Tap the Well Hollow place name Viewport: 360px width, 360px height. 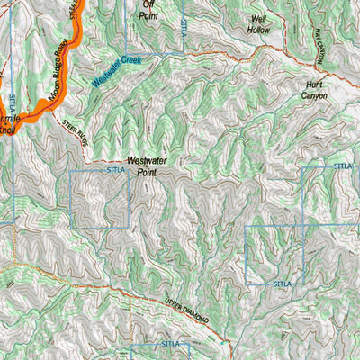coord(259,24)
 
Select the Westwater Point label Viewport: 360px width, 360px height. coord(149,166)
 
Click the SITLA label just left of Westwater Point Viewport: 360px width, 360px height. coord(116,168)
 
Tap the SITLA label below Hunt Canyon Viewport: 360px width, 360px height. coord(343,166)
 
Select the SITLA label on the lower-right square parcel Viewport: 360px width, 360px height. coord(283,283)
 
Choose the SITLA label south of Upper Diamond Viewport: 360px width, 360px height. coord(170,343)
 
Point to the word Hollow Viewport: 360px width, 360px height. coord(259,30)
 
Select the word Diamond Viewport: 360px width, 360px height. coord(195,315)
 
